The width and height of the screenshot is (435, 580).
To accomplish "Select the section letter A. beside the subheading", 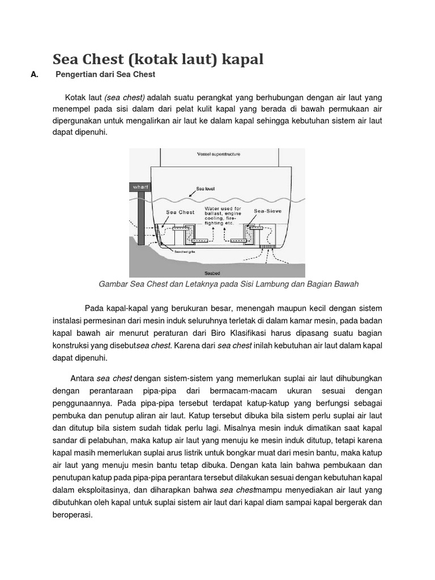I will pyautogui.click(x=35, y=75).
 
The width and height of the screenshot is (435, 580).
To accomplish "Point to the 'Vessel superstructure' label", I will pyautogui.click(x=218, y=154).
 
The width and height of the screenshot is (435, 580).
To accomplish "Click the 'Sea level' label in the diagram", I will pyautogui.click(x=205, y=190).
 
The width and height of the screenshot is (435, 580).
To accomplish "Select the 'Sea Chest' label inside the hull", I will pyautogui.click(x=180, y=212).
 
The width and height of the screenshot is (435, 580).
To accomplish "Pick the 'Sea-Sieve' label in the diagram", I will pyautogui.click(x=267, y=211).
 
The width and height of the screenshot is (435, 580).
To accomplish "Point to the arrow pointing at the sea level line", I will pyautogui.click(x=189, y=195).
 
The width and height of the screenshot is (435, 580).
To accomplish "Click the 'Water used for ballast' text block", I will pyautogui.click(x=223, y=216).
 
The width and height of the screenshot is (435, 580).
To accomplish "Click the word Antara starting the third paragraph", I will pyautogui.click(x=82, y=378).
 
